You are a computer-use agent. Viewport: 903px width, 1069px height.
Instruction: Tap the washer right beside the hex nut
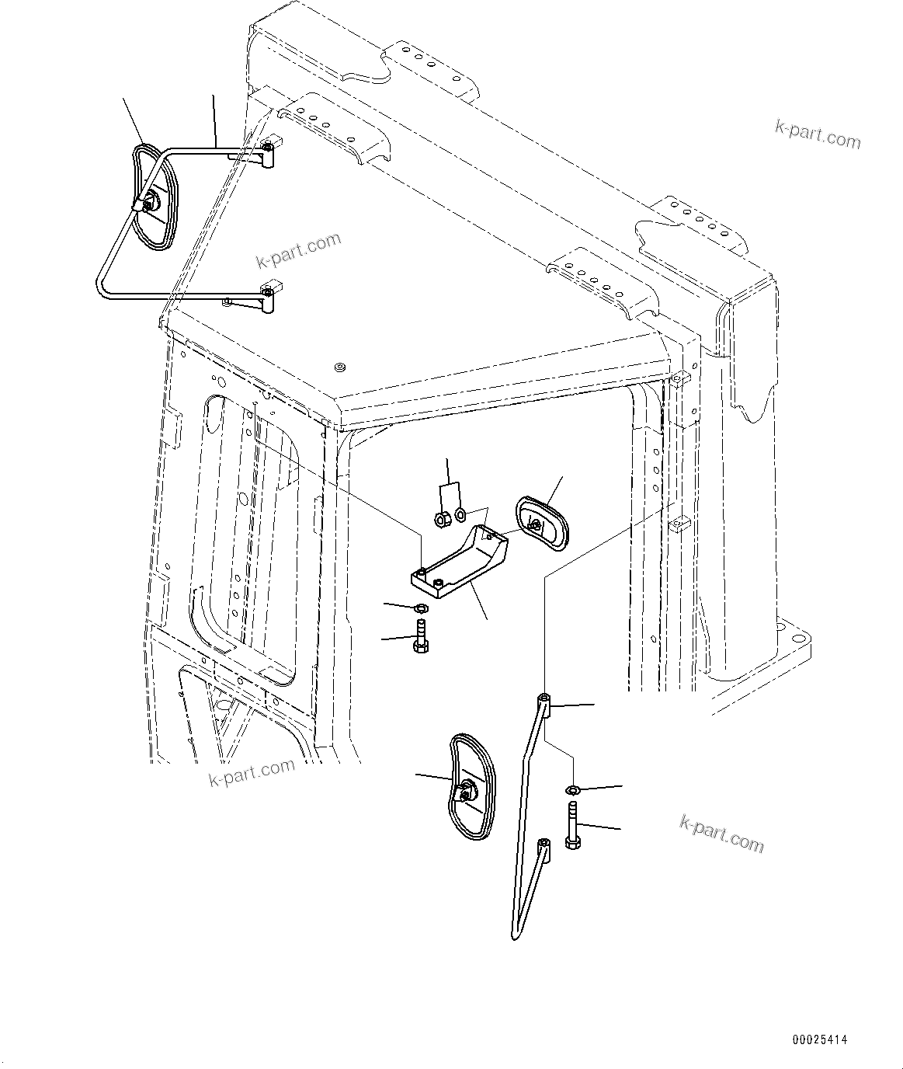click(x=460, y=514)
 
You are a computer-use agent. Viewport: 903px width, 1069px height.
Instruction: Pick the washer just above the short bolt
click(x=421, y=608)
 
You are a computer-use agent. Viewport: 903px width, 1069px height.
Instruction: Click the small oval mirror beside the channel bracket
click(x=541, y=526)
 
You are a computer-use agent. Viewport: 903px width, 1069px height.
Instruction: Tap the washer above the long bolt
click(x=572, y=791)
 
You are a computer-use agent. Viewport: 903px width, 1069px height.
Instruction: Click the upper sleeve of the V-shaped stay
click(x=545, y=705)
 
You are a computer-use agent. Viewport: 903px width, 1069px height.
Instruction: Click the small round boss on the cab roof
click(x=339, y=367)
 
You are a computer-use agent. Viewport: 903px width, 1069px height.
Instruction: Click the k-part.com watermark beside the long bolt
click(x=721, y=833)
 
